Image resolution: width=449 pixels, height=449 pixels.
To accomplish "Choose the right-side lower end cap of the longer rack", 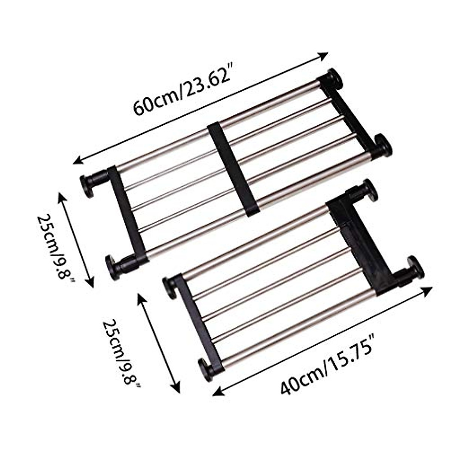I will pos(383,145).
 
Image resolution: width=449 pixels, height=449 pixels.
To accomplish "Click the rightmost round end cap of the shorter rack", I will pos(415,268).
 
